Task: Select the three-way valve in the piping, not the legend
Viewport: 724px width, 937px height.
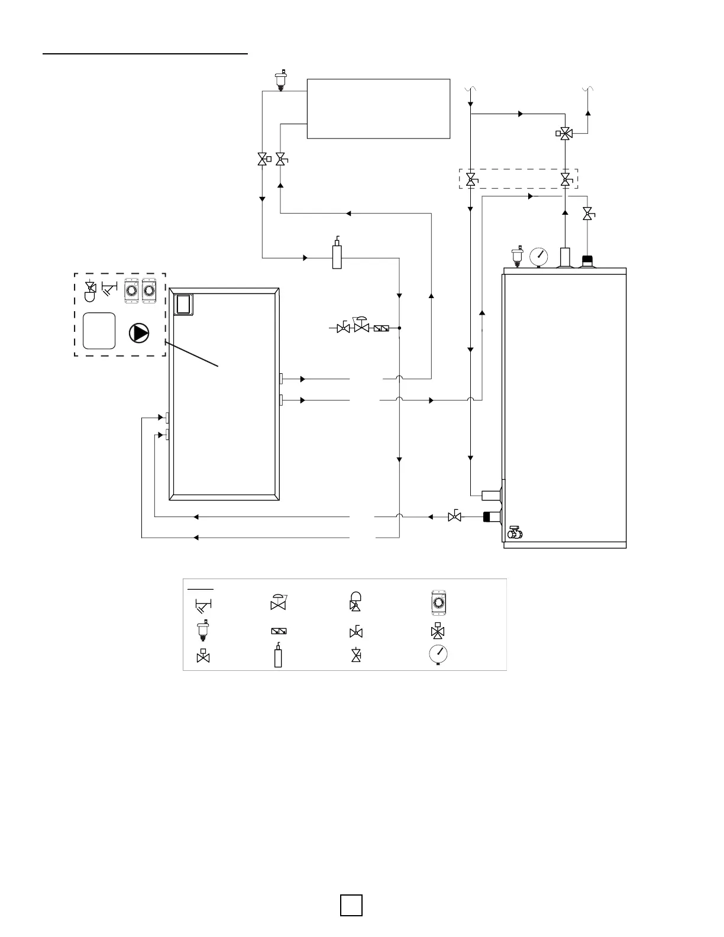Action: point(565,134)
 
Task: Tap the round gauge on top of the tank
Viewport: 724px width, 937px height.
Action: point(539,256)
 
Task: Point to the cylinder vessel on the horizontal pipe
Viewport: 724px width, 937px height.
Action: point(337,256)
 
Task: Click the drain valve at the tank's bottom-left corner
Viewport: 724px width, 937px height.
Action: point(514,534)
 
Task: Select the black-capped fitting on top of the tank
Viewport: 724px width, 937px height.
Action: point(588,261)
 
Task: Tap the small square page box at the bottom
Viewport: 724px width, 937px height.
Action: point(351,906)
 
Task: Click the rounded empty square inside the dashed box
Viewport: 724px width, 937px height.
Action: point(99,331)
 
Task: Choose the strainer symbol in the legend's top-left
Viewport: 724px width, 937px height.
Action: point(203,605)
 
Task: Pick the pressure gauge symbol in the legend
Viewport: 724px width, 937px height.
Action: point(438,655)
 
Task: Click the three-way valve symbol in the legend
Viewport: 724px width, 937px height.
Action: point(438,631)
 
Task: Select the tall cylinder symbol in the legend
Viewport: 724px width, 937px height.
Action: point(278,656)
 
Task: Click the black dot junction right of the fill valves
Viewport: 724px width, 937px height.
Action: point(400,328)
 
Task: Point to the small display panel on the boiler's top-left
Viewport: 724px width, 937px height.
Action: point(185,303)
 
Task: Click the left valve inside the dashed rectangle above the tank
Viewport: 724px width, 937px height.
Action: point(471,179)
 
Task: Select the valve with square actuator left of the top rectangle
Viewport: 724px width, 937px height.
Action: point(263,159)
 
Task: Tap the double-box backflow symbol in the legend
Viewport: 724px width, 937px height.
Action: point(278,631)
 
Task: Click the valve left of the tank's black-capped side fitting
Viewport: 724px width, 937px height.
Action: point(455,516)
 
